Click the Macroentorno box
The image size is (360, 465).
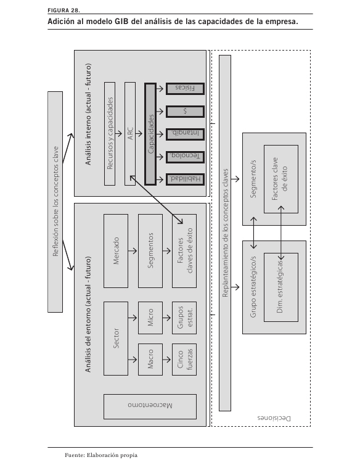[x=150, y=406]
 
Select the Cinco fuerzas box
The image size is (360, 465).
[x=184, y=360]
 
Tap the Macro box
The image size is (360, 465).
[x=150, y=360]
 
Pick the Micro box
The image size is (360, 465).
[x=150, y=318]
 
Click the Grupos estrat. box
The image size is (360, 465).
[x=184, y=318]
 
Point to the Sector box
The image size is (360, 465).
[x=116, y=339]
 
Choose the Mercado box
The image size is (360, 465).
[x=116, y=251]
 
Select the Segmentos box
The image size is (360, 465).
[x=150, y=251]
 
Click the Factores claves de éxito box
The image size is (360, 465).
[x=184, y=251]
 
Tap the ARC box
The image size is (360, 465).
[x=130, y=134]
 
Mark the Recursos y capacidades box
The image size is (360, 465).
[x=110, y=134]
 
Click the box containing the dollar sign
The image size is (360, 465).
[x=185, y=112]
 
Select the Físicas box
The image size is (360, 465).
[x=185, y=89]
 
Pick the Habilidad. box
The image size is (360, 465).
[x=185, y=179]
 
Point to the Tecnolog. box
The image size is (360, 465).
[x=185, y=157]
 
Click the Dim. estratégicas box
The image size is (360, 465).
[x=281, y=287]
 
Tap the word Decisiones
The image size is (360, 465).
[x=274, y=418]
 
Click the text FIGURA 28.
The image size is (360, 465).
[x=63, y=10]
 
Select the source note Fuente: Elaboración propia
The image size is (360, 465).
[x=101, y=455]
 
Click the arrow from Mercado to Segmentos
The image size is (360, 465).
[x=133, y=251]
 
